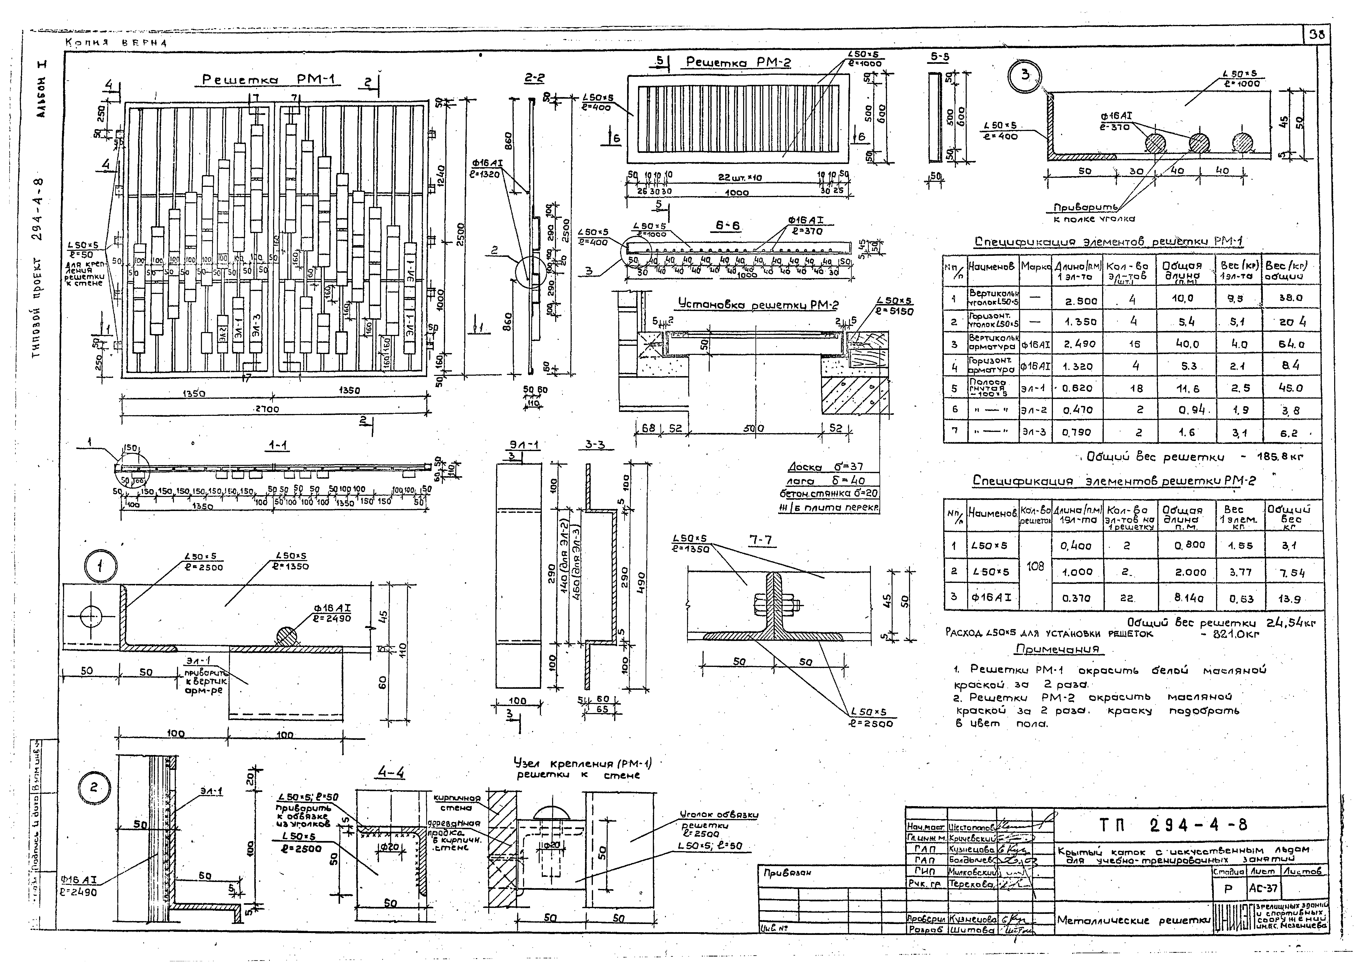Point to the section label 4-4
click(x=391, y=773)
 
